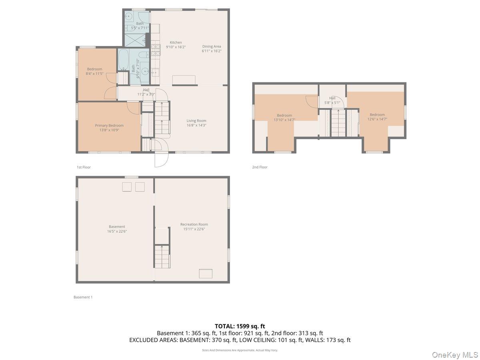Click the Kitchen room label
tap(176, 42)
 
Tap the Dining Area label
tap(212, 46)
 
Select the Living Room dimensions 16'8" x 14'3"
tap(196, 125)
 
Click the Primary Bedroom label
tap(109, 125)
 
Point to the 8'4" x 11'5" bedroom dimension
tap(94, 74)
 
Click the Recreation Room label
tap(194, 224)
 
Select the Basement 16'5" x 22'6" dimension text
tap(117, 231)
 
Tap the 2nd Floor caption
tap(260, 167)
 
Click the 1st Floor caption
tap(84, 167)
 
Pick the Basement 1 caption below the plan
tap(83, 297)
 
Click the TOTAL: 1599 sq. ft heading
tap(240, 326)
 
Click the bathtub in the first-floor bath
tap(124, 60)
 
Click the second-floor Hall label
tap(332, 98)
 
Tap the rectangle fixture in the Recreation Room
tap(206, 274)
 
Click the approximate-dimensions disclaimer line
tap(240, 350)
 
